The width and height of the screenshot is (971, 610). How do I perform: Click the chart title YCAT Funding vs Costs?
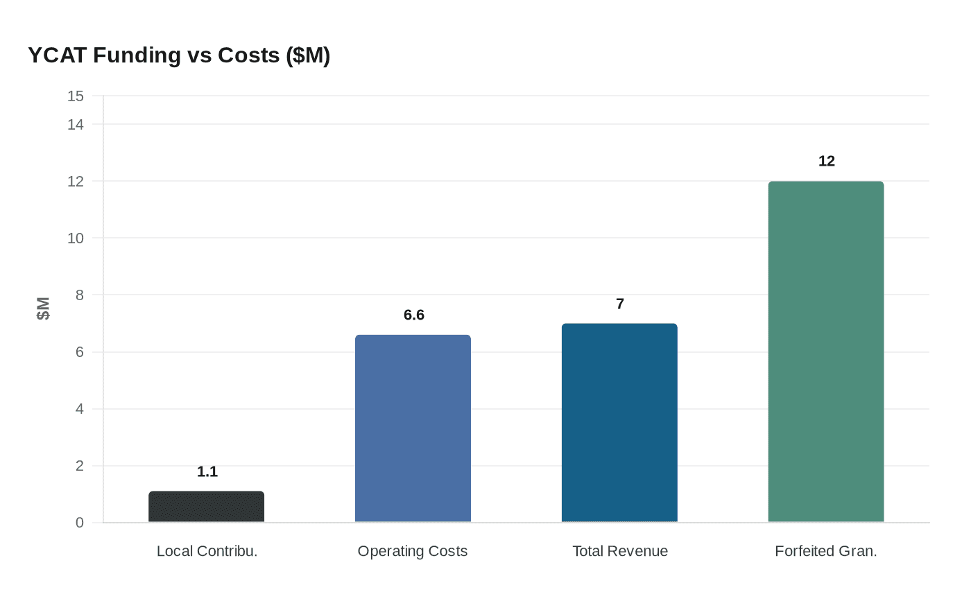click(179, 55)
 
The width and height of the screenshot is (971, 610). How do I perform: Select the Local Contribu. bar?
click(207, 507)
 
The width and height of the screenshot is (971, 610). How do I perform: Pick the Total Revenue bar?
click(619, 423)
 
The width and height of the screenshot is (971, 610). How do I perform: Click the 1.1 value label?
click(207, 472)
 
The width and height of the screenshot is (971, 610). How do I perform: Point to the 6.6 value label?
click(413, 315)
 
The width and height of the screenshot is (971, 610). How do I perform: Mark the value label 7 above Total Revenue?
click(620, 304)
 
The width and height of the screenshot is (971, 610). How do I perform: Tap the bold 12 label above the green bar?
click(826, 162)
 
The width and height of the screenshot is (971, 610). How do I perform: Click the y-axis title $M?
click(43, 308)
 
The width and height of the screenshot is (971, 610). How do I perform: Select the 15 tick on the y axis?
click(76, 96)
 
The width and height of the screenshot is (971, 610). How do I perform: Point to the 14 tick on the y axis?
click(76, 125)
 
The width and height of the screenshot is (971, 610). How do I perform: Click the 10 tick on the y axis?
click(76, 238)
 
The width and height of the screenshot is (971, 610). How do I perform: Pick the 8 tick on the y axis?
click(79, 295)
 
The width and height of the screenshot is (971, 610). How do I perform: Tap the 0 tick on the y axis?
click(79, 523)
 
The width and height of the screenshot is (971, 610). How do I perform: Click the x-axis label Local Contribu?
click(207, 551)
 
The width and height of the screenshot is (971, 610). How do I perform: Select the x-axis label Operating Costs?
click(413, 551)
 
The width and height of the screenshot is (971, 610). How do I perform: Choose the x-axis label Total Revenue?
click(620, 551)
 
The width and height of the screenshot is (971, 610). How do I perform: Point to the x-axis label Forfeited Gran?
click(826, 551)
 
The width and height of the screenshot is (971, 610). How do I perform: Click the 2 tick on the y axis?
click(79, 466)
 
